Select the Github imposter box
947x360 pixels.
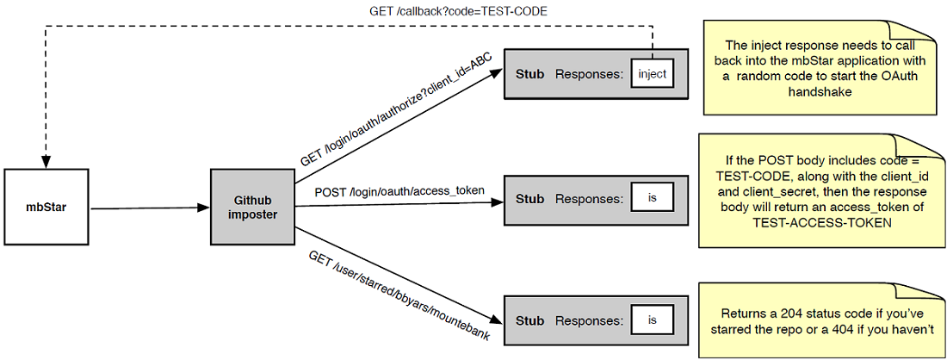(253, 207)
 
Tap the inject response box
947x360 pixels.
(652, 74)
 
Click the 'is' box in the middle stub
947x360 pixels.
(652, 198)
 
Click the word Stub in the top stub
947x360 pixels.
(529, 74)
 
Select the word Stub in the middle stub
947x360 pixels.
(529, 198)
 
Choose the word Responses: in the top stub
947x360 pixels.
(589, 74)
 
